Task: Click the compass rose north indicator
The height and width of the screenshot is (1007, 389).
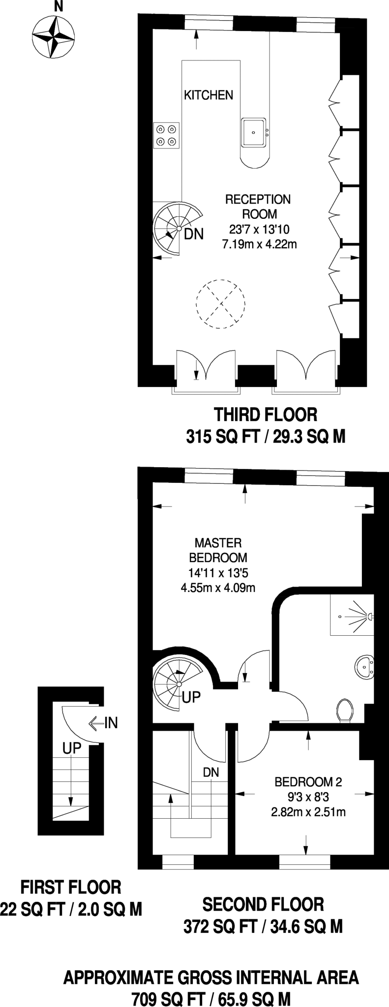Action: pos(59,7)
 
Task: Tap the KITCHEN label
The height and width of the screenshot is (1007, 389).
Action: pos(209,95)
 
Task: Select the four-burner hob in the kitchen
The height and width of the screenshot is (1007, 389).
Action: pos(166,136)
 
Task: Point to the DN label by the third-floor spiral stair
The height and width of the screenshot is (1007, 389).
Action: pos(193,234)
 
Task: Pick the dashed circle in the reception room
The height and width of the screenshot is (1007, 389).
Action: pos(220,304)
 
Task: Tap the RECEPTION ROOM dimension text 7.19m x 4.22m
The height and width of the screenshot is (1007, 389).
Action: pos(259,244)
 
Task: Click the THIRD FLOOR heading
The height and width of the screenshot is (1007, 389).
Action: pos(266,415)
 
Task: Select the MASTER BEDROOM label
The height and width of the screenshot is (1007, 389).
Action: pos(218,550)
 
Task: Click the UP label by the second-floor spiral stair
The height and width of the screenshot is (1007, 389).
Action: pos(191,697)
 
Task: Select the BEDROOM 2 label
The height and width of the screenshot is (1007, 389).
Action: pos(308,781)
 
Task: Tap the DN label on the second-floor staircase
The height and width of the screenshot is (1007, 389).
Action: pos(211,772)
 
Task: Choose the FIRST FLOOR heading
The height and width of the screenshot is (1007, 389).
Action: pos(71,887)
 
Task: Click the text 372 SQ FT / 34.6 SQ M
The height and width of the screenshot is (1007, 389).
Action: pos(263,927)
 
